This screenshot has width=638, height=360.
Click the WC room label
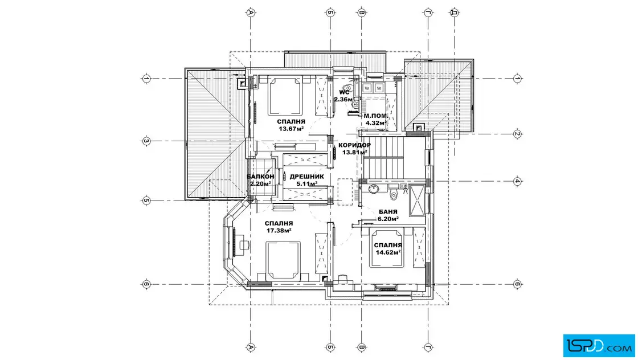coord(344,92)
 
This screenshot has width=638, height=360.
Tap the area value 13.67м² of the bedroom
coord(292,129)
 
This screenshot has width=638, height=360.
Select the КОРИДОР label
coord(354,145)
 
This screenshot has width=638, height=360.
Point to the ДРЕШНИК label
coord(307,177)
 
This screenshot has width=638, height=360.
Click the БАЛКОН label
coord(260,177)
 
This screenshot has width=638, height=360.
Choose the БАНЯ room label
coord(388,212)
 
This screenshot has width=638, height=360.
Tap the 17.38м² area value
coord(279,231)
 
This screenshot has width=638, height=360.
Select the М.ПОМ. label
coord(375,116)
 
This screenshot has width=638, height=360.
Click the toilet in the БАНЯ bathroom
coord(394,194)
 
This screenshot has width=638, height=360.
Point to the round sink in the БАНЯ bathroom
coord(373,189)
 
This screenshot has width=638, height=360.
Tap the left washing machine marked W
coord(367,88)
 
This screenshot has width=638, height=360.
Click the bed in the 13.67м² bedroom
coord(285,96)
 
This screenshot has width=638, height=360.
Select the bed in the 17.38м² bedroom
coord(283,261)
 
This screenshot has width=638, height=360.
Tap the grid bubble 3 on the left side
coord(146,142)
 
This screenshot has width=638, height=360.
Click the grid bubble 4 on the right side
coord(517,181)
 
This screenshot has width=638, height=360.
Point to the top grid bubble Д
coord(455,13)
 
